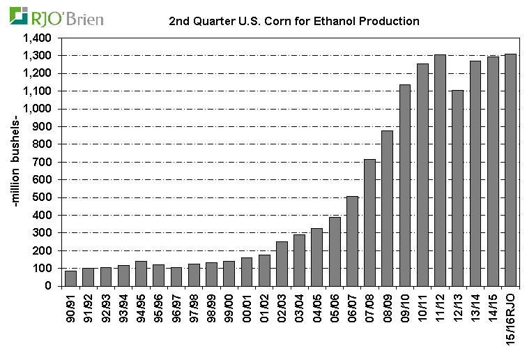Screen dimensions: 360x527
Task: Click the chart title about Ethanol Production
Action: point(294,21)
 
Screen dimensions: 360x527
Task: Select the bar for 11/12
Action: point(441,170)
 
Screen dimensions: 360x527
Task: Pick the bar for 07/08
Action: point(370,223)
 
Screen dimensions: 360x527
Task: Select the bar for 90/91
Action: point(70,278)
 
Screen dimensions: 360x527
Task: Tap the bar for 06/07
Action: point(352,241)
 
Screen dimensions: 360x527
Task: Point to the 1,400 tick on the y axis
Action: point(38,38)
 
